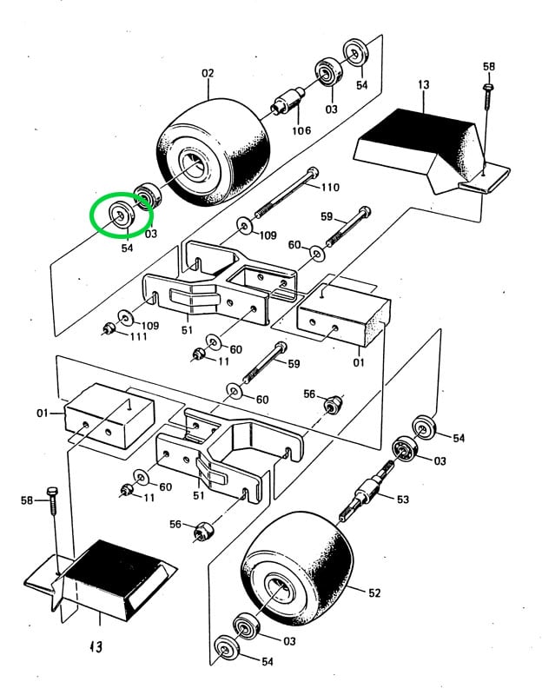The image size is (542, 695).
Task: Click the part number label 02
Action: [208, 74]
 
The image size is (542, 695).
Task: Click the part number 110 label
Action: [330, 187]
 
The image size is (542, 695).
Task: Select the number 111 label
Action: [140, 337]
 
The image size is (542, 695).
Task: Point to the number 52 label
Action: [374, 593]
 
